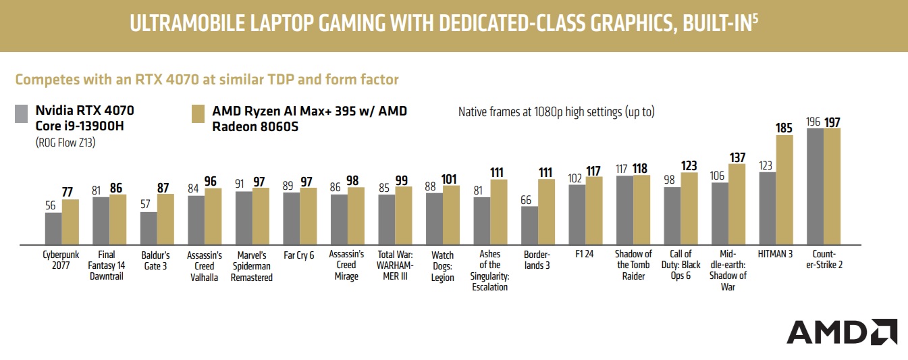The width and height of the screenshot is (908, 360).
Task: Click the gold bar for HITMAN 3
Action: (784, 189)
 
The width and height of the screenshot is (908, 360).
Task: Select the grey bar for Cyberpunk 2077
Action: (53, 228)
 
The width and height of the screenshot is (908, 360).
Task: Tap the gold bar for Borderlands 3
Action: (546, 211)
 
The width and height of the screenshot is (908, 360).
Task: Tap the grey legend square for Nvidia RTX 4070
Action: (22, 113)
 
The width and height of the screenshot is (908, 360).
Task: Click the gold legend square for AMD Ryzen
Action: (199, 113)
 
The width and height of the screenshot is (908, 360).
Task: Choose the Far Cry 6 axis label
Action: (300, 255)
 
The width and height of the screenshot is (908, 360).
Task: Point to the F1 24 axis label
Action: (585, 255)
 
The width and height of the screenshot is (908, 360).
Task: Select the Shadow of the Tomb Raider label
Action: (633, 265)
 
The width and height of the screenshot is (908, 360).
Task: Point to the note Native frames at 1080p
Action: (556, 112)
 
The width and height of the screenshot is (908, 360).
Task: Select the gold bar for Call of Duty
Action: (689, 208)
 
